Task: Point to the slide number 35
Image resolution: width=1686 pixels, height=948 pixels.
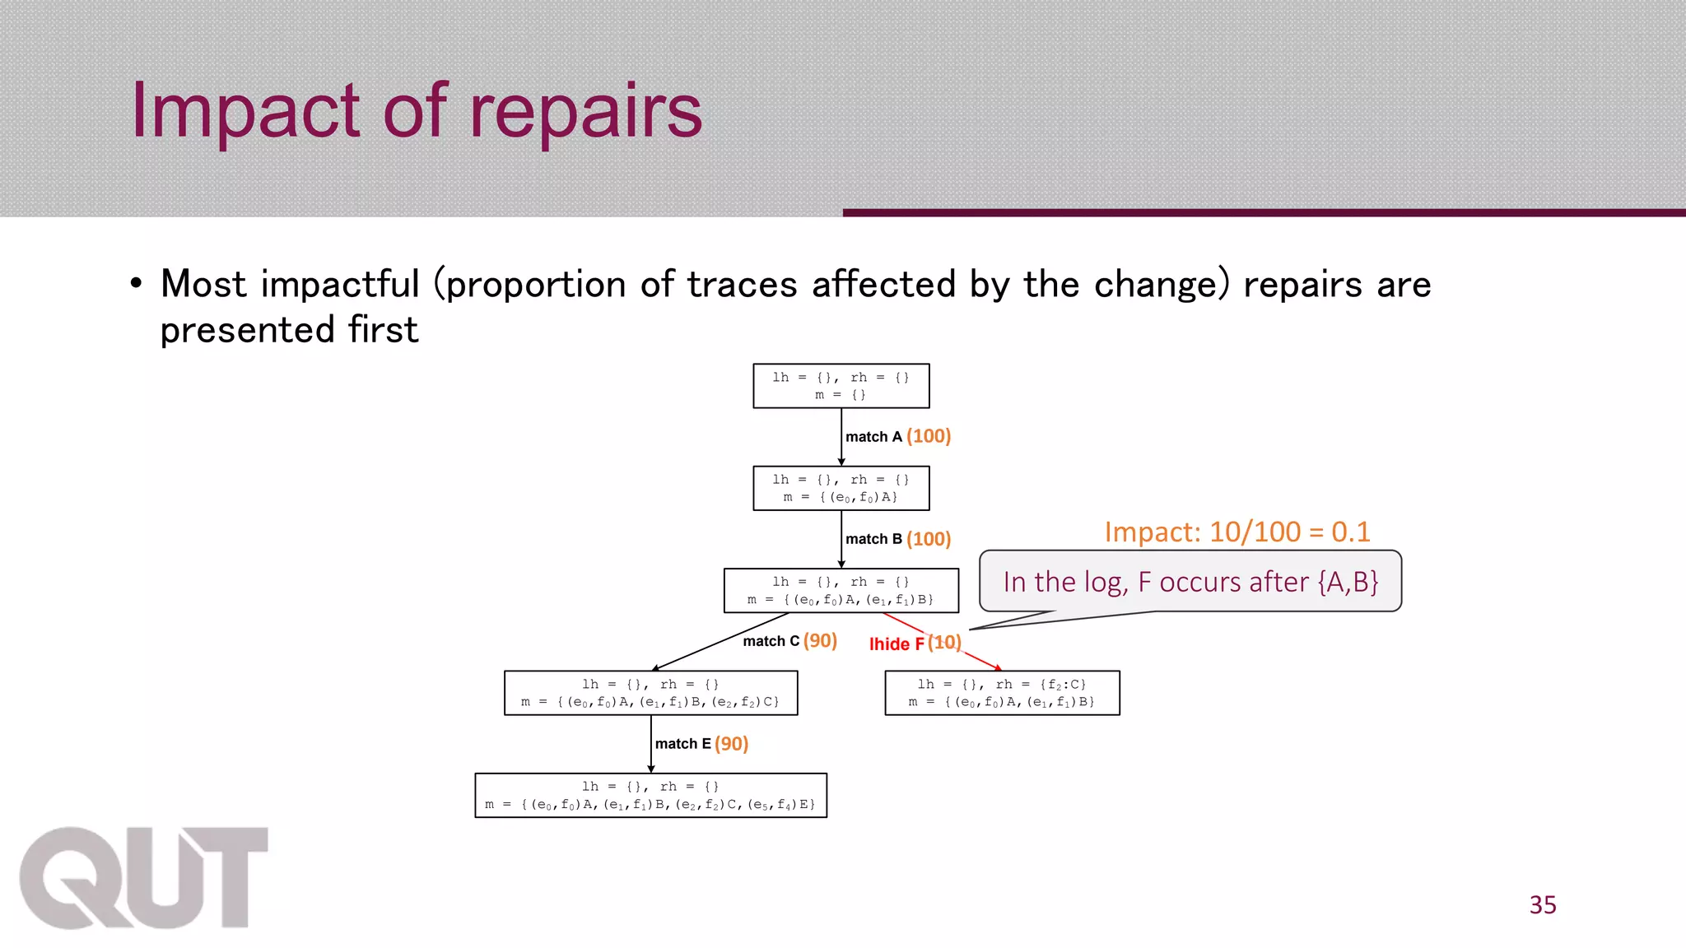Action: (1543, 905)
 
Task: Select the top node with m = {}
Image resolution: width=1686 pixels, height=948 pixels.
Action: (841, 386)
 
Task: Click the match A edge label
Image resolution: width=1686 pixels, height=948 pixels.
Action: (873, 437)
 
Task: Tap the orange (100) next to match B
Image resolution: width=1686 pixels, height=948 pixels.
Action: (929, 539)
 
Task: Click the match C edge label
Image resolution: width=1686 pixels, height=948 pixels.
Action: (771, 641)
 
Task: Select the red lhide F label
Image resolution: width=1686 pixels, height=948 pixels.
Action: (896, 644)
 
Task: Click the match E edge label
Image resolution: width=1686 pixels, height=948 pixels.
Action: (682, 744)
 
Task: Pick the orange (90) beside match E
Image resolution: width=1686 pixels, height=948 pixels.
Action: (731, 744)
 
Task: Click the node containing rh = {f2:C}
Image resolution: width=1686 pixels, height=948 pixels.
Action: (1002, 693)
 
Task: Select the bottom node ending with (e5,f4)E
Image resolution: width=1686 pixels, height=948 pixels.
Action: (650, 796)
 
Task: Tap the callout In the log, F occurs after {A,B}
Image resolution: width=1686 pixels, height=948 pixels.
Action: (1190, 582)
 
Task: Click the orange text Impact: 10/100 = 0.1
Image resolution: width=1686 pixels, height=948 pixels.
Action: (1237, 532)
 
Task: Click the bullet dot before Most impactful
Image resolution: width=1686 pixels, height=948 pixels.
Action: (136, 285)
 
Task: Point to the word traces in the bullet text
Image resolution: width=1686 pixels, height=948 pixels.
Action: (741, 285)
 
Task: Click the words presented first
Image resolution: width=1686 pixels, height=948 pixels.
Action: (289, 330)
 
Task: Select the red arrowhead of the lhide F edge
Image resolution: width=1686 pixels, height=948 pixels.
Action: (998, 668)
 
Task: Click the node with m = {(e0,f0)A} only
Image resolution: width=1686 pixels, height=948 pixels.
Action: (841, 489)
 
